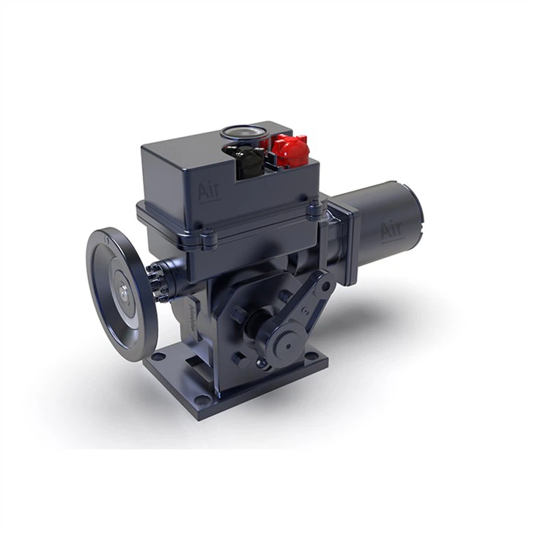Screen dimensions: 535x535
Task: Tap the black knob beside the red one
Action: click(249, 157)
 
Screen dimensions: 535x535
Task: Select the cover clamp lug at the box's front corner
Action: click(208, 236)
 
